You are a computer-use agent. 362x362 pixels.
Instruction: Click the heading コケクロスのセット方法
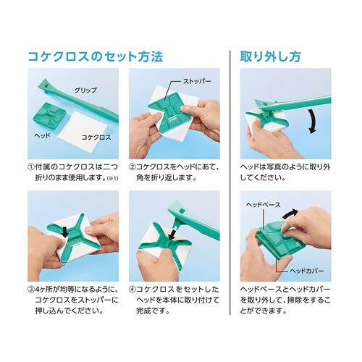[x=96, y=57]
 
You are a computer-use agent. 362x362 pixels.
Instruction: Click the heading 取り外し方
[x=270, y=57]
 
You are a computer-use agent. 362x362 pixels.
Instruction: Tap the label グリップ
[x=85, y=90]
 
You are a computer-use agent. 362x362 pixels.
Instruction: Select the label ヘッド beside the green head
[x=42, y=135]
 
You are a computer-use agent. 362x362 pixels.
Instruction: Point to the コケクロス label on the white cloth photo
[x=96, y=138]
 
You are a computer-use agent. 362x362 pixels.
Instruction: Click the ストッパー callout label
[x=197, y=81]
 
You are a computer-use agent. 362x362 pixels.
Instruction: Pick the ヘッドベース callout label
[x=264, y=205]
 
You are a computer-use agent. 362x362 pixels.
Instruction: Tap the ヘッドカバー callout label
[x=307, y=271]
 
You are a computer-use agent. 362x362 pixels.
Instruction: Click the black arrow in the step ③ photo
[x=64, y=232]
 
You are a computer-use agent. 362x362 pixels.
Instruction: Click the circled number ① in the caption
[x=31, y=167]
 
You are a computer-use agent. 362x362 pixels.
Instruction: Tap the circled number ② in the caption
[x=132, y=167]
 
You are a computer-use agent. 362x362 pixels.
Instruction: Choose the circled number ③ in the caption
[x=31, y=290]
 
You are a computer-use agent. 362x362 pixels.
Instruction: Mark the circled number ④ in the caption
[x=132, y=290]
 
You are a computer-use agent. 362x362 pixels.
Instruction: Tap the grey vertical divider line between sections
[x=230, y=182]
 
